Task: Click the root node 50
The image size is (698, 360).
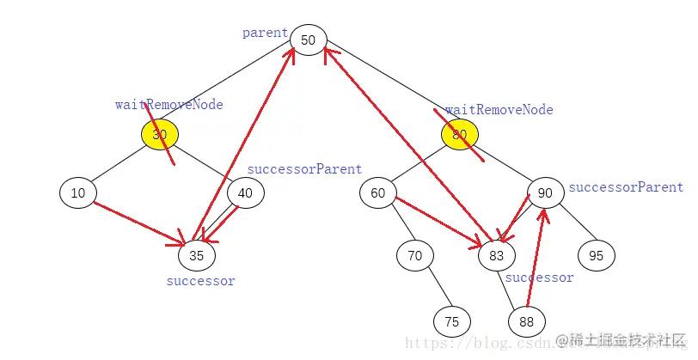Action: click(308, 40)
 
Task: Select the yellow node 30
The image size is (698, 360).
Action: click(160, 134)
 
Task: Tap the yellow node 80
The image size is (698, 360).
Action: click(460, 134)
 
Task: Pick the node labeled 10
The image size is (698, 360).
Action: click(78, 193)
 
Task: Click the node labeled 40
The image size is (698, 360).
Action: click(245, 193)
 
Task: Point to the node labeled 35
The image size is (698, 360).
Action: click(197, 254)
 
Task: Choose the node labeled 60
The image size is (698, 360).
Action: click(378, 193)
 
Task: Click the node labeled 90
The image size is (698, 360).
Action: click(545, 193)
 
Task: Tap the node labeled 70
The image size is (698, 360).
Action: click(415, 255)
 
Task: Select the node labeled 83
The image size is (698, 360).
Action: click(497, 255)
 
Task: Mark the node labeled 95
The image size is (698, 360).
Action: click(596, 255)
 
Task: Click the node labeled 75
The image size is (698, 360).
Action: click(452, 321)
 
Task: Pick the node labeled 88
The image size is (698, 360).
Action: click(526, 321)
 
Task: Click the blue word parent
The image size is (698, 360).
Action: click(265, 33)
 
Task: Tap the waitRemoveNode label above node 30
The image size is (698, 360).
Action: click(168, 105)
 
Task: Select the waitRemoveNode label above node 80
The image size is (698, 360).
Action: click(499, 110)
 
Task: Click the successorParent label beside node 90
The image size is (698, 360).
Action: click(626, 187)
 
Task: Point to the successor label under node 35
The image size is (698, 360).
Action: click(200, 281)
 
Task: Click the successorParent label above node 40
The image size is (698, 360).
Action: click(304, 169)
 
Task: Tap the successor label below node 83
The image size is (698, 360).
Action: click(539, 278)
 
